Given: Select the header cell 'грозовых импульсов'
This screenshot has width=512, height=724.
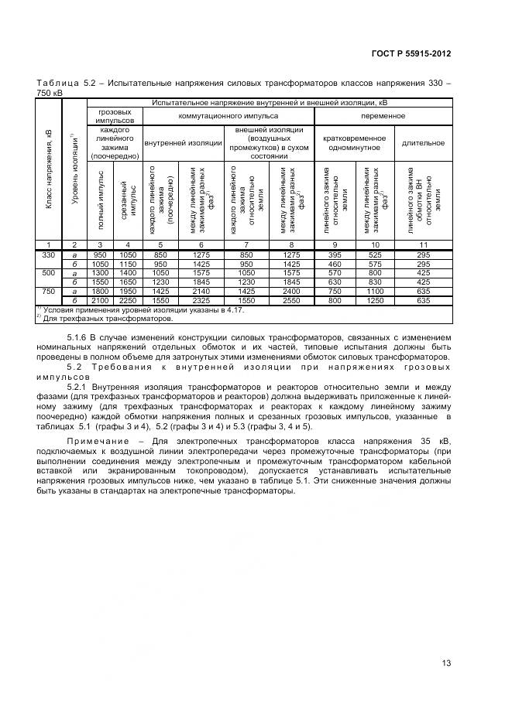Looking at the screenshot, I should click(x=115, y=116).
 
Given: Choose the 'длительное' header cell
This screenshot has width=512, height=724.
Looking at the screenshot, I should click(x=422, y=142).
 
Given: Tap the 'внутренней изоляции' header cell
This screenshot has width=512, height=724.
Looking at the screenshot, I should click(x=182, y=142).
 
